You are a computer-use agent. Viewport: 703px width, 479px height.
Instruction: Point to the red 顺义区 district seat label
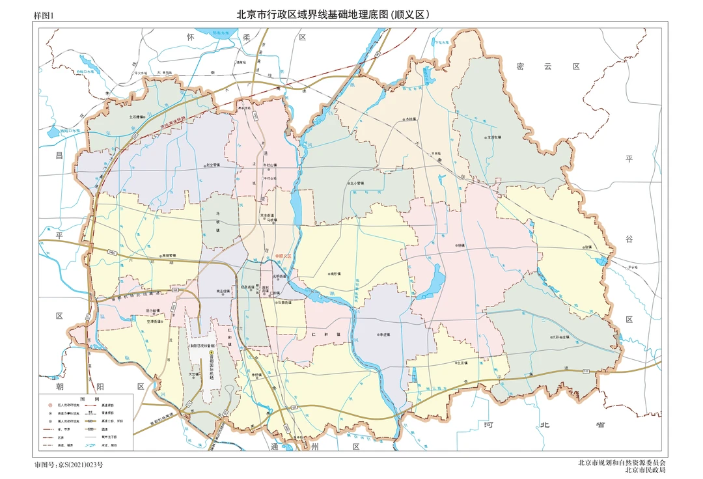click(286, 256)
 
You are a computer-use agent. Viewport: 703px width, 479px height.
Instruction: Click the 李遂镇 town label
click(389, 335)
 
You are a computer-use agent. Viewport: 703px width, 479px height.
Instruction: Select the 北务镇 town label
click(463, 363)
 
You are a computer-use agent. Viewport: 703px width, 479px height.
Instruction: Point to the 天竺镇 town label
click(193, 374)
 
